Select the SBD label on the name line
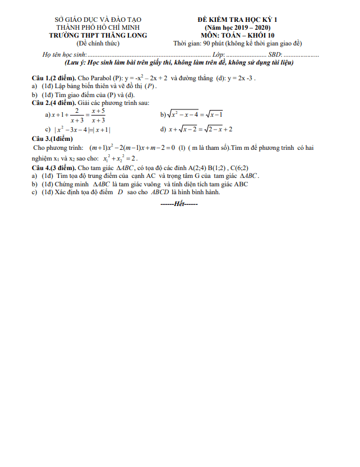click(275, 55)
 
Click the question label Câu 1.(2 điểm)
click(54, 78)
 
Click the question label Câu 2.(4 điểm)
click(54, 103)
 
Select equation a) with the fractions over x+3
click(75, 116)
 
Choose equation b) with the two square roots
click(191, 115)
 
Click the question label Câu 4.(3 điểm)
click(54, 167)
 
